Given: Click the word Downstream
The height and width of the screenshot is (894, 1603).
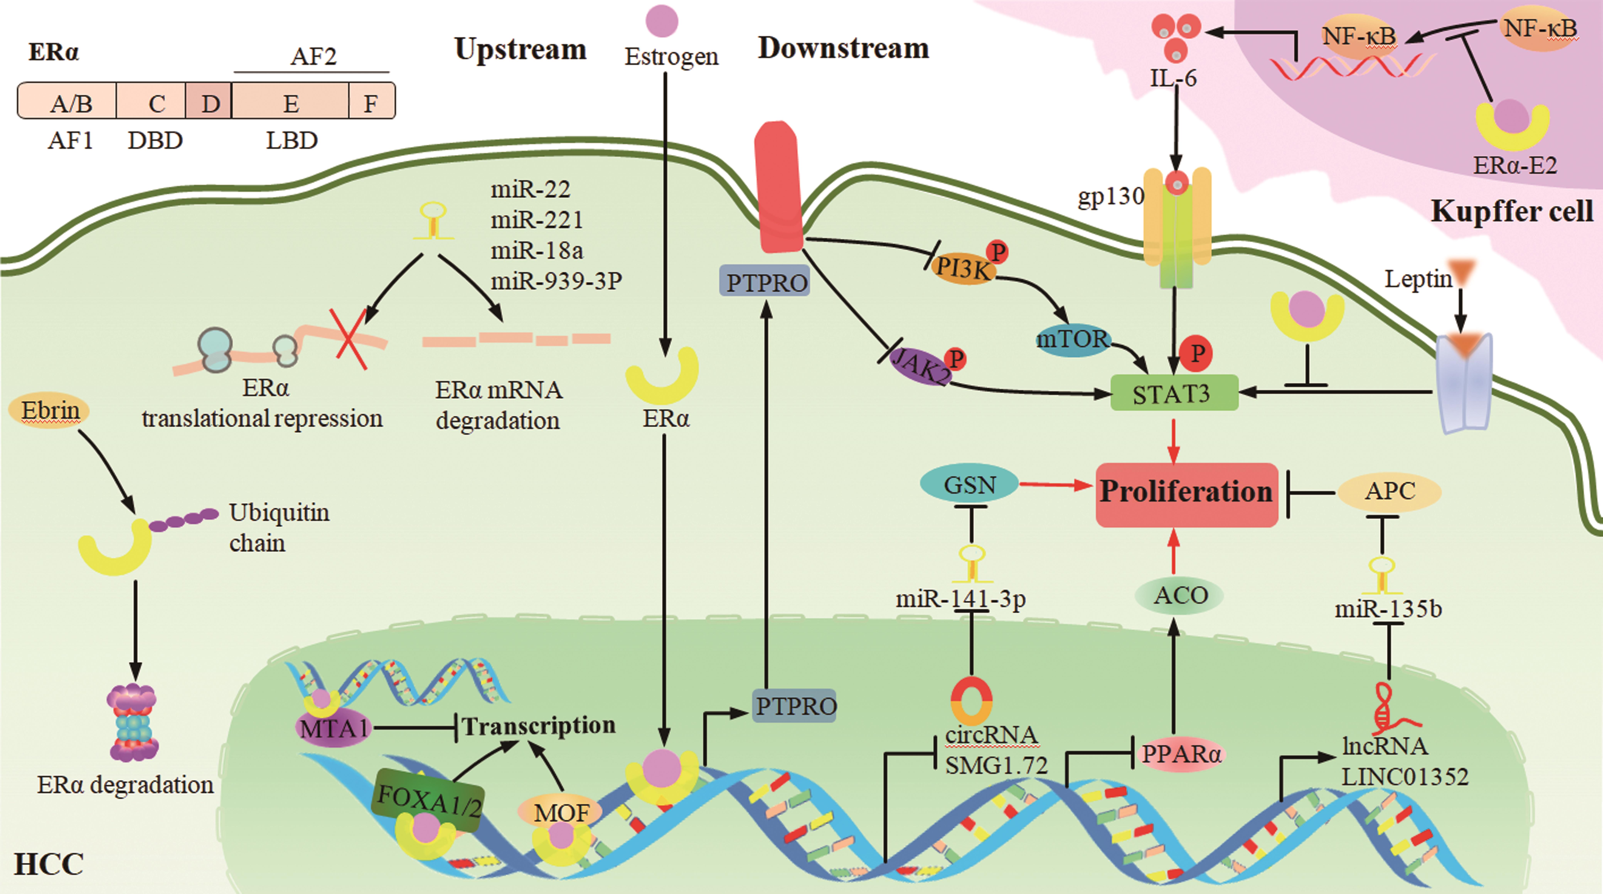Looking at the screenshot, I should tap(843, 49).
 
